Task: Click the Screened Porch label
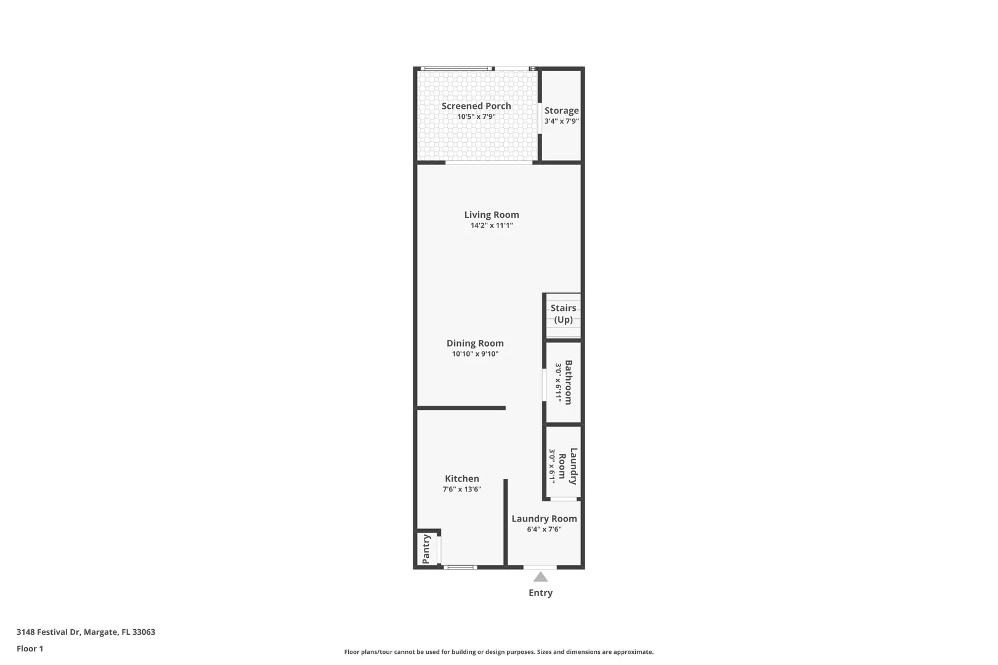click(476, 106)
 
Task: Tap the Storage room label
click(561, 110)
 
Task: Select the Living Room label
click(492, 215)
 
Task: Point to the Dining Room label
click(475, 344)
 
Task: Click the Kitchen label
click(462, 478)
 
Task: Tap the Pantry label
click(426, 549)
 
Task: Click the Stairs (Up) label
click(563, 313)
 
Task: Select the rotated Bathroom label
click(568, 382)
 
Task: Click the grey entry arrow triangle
click(540, 577)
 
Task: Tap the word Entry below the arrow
click(540, 593)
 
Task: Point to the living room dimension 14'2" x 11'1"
click(492, 225)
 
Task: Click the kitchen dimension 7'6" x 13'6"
click(462, 489)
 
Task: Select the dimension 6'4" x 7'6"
click(544, 529)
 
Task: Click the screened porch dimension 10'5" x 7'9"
click(476, 117)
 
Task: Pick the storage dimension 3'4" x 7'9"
click(561, 121)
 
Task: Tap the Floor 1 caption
click(30, 648)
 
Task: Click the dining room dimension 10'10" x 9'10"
click(475, 354)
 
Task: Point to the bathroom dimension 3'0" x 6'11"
click(558, 382)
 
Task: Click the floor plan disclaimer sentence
click(498, 652)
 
